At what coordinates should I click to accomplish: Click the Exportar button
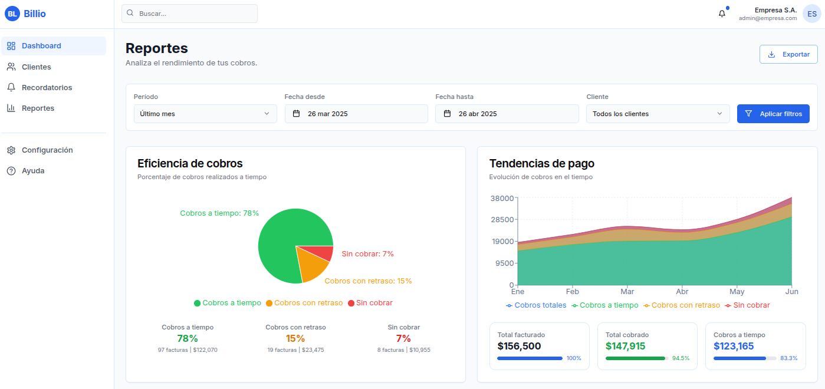pos(788,54)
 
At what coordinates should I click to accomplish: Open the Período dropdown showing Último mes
pos(205,114)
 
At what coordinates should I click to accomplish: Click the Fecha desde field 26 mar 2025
pos(356,114)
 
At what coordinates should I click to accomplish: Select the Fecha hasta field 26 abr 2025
pos(507,114)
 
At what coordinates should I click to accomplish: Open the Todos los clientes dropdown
pos(658,114)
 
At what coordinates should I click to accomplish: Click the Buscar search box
pos(189,14)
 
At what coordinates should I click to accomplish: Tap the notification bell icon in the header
pos(722,14)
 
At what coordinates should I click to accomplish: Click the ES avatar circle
pos(812,14)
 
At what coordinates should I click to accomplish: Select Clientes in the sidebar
pos(36,67)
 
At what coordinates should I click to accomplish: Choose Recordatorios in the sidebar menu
pos(47,88)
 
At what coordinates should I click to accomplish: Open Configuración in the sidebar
pos(47,150)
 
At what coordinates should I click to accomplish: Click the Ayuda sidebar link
pos(33,171)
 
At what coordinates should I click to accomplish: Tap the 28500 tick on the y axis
pos(501,220)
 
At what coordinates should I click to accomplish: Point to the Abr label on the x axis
pos(682,292)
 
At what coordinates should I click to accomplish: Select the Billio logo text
pos(35,14)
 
